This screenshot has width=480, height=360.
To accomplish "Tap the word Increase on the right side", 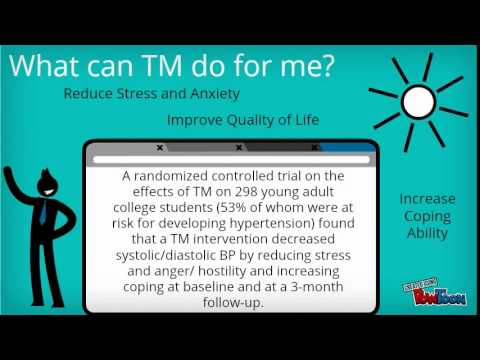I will coord(427,199).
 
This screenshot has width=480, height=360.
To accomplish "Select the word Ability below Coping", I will coord(427,233).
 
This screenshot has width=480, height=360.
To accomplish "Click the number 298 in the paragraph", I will coord(229,194).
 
